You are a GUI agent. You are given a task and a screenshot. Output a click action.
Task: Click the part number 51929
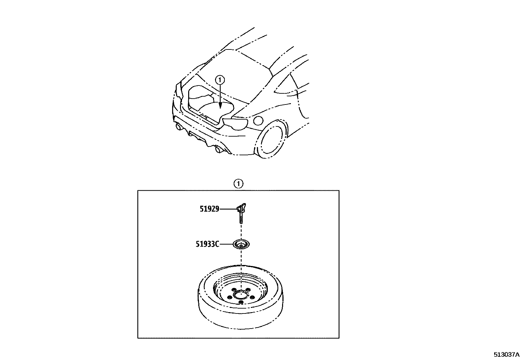point(209,209)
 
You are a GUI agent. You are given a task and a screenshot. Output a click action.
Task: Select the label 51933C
point(207,244)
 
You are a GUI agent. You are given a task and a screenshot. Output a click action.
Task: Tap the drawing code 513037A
point(507,354)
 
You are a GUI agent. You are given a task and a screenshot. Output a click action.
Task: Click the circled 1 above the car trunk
point(220,79)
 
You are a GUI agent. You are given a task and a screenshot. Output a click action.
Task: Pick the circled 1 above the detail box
point(238,184)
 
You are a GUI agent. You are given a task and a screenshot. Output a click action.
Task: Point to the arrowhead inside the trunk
point(220,105)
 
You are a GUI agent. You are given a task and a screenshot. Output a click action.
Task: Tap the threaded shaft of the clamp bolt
point(241,218)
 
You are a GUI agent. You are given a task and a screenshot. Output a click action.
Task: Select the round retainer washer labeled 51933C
point(241,244)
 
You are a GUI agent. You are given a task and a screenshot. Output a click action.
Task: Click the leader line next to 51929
point(227,209)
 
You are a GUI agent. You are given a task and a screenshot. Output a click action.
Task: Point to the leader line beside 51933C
point(226,244)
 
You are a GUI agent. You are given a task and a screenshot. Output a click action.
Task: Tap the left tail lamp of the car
point(178,90)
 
